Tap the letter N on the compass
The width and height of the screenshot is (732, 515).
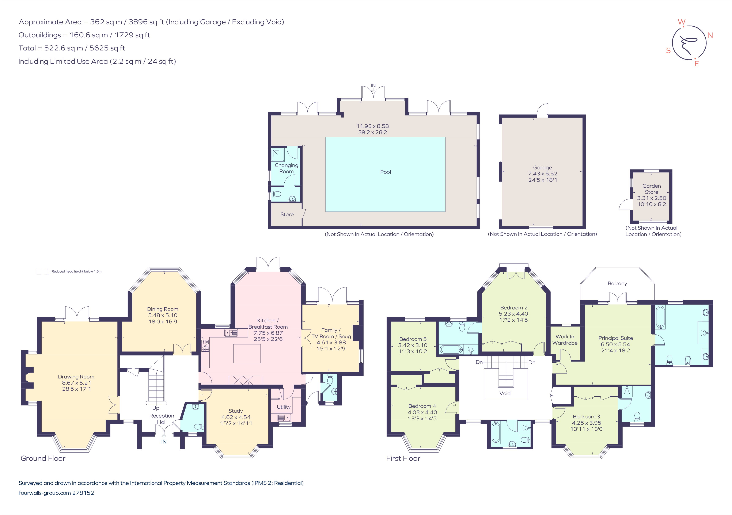pos(710,35)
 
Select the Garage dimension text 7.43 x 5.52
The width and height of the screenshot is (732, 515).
pos(543,174)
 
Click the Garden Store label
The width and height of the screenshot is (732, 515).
pos(651,189)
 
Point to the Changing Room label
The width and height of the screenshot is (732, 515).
pos(286,168)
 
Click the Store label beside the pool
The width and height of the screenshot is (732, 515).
pos(287,214)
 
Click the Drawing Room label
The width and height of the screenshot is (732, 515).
pos(76,377)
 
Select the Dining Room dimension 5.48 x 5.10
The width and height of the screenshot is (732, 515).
pos(163,315)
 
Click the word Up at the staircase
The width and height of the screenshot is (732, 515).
pos(156,408)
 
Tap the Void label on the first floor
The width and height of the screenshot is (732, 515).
pos(505,393)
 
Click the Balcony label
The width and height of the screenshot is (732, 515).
pos(617,283)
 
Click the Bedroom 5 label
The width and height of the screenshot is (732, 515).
pos(413,339)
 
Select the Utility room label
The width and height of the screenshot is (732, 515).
pos(283,407)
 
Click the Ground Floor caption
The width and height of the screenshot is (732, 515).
pos(43,458)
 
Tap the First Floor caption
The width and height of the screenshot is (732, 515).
pos(403,458)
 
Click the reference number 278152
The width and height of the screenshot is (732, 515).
pos(83,493)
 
